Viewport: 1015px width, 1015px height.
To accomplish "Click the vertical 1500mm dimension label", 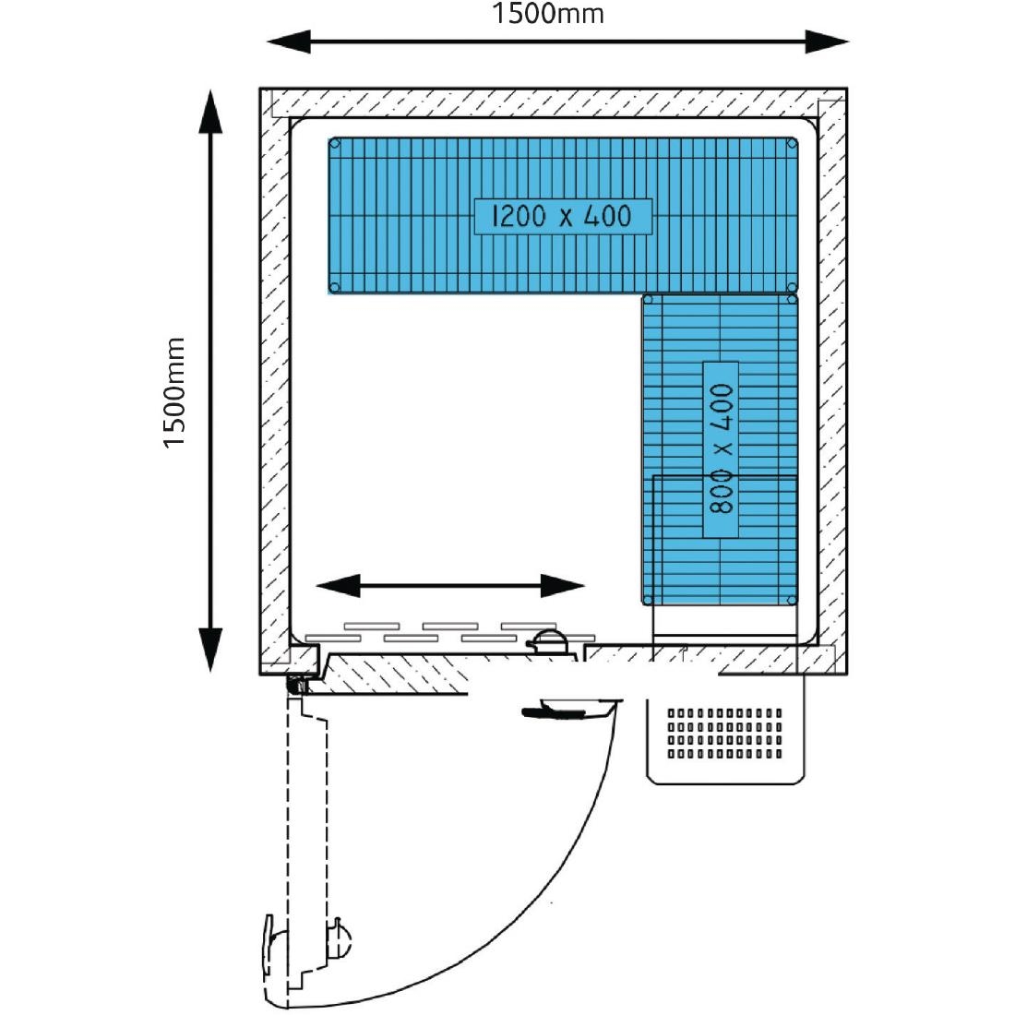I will click(174, 393).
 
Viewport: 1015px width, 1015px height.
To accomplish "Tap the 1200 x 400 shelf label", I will click(563, 216).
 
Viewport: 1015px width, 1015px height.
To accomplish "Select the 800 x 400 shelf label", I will click(722, 449).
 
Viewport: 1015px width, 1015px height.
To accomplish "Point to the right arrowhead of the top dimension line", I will click(826, 42).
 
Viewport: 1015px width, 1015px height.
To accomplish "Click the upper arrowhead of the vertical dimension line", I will click(211, 111).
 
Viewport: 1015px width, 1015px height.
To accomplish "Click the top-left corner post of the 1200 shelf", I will click(335, 144).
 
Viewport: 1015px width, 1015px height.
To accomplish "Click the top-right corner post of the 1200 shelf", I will click(792, 144).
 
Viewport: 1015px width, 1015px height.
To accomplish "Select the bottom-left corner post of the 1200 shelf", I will click(335, 287).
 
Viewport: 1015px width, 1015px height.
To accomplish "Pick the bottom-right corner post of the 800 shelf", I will click(792, 600).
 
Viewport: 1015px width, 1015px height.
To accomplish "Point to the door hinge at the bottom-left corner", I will click(296, 684).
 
